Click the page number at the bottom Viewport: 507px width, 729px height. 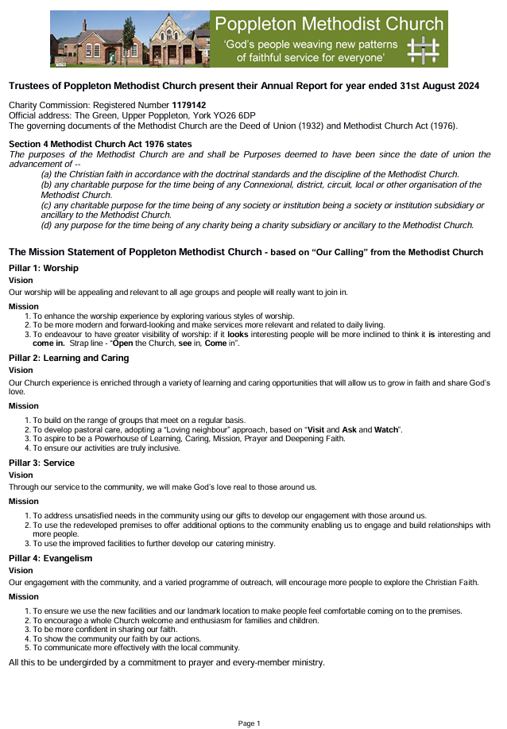250,723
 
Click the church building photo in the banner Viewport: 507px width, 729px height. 131,39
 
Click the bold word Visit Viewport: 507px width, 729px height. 319,429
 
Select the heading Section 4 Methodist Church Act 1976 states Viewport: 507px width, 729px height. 100,144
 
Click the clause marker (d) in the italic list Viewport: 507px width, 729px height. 47,225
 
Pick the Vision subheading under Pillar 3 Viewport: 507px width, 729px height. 21,475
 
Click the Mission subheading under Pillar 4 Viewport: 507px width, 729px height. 23,596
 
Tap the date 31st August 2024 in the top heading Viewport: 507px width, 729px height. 435,86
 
